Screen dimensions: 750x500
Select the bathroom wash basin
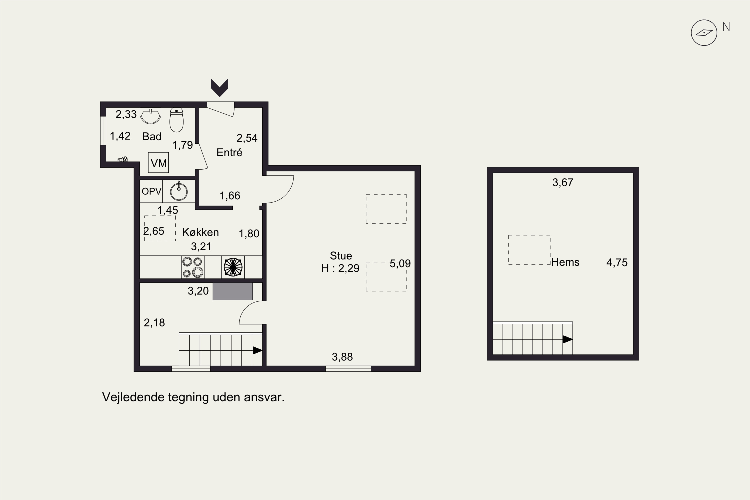(150, 115)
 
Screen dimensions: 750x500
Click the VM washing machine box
(158, 163)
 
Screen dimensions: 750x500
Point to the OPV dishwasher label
(151, 191)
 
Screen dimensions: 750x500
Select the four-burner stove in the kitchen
(192, 267)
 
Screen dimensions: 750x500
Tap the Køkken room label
(200, 232)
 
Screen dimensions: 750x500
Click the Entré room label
(229, 152)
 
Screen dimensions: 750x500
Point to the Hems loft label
(565, 262)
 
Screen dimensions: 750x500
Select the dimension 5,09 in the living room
(400, 264)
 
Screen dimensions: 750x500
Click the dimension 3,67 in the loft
(563, 182)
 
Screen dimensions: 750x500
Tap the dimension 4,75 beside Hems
(617, 263)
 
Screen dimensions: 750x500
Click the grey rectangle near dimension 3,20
(233, 291)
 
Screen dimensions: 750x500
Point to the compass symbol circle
(704, 33)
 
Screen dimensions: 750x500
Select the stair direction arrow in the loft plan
(567, 339)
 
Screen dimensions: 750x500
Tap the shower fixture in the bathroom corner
(123, 159)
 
